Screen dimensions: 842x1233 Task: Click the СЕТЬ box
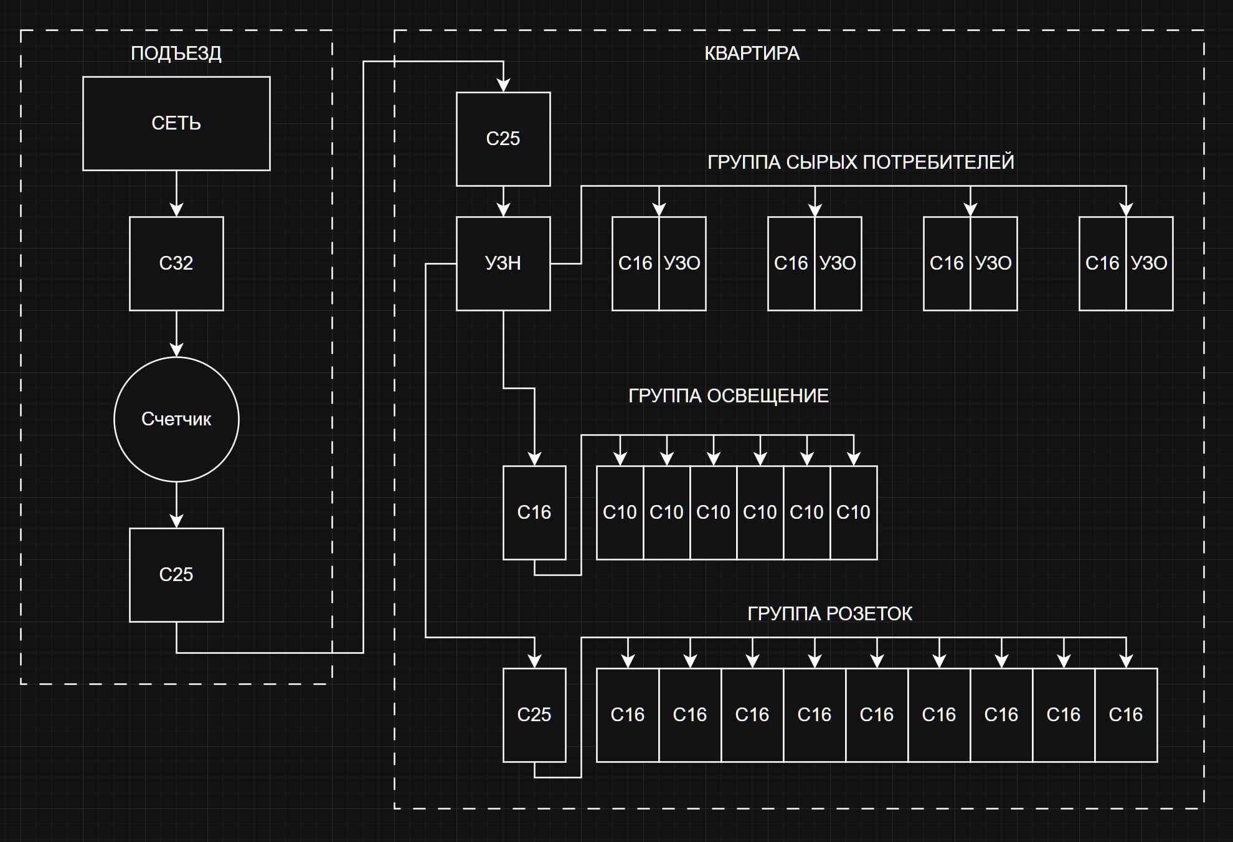176,123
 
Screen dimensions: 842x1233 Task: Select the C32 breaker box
176,263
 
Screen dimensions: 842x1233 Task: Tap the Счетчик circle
176,419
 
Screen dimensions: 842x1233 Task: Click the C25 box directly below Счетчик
176,575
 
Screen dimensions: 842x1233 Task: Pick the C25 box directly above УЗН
503,139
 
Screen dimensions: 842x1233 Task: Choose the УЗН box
503,263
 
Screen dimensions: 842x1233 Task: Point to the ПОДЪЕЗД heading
176,54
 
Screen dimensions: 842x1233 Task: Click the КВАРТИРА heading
752,54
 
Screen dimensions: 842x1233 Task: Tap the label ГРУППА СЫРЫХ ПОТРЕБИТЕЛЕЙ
861,163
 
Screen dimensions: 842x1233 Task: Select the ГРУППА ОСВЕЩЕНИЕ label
728,396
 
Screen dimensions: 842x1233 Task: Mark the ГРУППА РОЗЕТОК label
829,614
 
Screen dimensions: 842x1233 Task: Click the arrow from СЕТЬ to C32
176,193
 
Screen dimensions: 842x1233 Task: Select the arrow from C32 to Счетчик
176,333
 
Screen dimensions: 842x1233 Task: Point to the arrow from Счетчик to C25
176,504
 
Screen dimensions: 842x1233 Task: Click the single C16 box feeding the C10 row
534,513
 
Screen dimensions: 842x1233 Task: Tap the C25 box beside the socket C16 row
534,715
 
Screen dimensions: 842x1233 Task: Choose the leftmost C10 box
620,513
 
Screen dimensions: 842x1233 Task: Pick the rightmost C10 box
853,513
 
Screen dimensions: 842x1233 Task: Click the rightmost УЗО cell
1149,263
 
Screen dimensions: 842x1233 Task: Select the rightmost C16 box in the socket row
1126,715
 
